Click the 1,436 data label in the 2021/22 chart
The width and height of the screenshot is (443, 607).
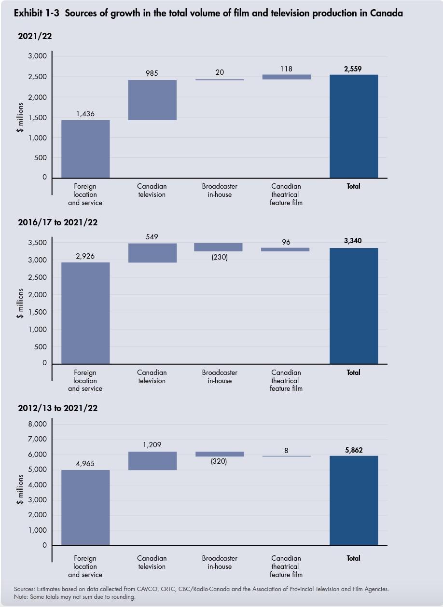pyautogui.click(x=85, y=114)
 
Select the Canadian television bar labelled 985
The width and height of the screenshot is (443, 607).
pyautogui.click(x=152, y=100)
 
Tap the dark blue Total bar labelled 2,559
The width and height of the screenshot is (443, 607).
pyautogui.click(x=353, y=126)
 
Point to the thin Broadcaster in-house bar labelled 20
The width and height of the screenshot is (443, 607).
pyautogui.click(x=220, y=80)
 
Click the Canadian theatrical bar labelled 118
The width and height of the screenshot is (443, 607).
pyautogui.click(x=286, y=77)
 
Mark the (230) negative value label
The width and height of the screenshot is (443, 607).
pyautogui.click(x=220, y=257)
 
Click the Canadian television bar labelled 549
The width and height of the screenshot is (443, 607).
pyautogui.click(x=152, y=253)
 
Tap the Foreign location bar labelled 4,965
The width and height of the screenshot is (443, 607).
pyautogui.click(x=85, y=508)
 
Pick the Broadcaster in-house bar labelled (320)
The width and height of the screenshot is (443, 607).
pyautogui.click(x=220, y=454)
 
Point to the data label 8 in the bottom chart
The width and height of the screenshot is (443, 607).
pyautogui.click(x=286, y=450)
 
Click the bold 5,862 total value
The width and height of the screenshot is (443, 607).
pyautogui.click(x=353, y=450)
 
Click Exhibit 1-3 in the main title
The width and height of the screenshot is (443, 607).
pyautogui.click(x=37, y=14)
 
